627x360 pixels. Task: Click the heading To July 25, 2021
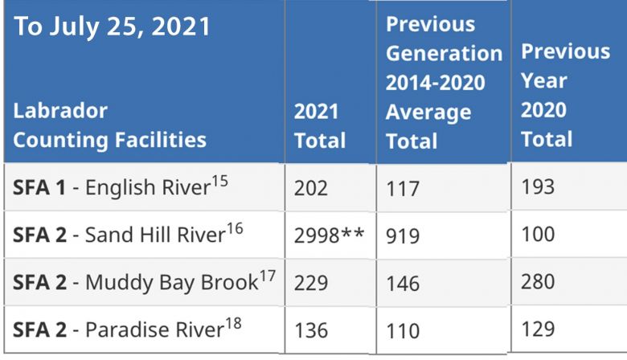point(113,26)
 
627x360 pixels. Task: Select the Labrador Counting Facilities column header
point(110,125)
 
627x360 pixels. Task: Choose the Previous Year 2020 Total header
point(565,95)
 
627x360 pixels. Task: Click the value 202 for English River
point(311,188)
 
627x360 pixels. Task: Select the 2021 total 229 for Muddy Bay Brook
point(312,283)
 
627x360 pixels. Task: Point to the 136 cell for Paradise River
point(311,329)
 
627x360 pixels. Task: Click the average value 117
point(403,189)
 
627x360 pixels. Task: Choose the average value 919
point(403,236)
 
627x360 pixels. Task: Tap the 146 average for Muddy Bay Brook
point(403,284)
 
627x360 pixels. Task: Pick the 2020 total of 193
point(538,187)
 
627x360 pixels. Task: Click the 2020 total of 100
point(538,235)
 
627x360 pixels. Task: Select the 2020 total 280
point(538,282)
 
